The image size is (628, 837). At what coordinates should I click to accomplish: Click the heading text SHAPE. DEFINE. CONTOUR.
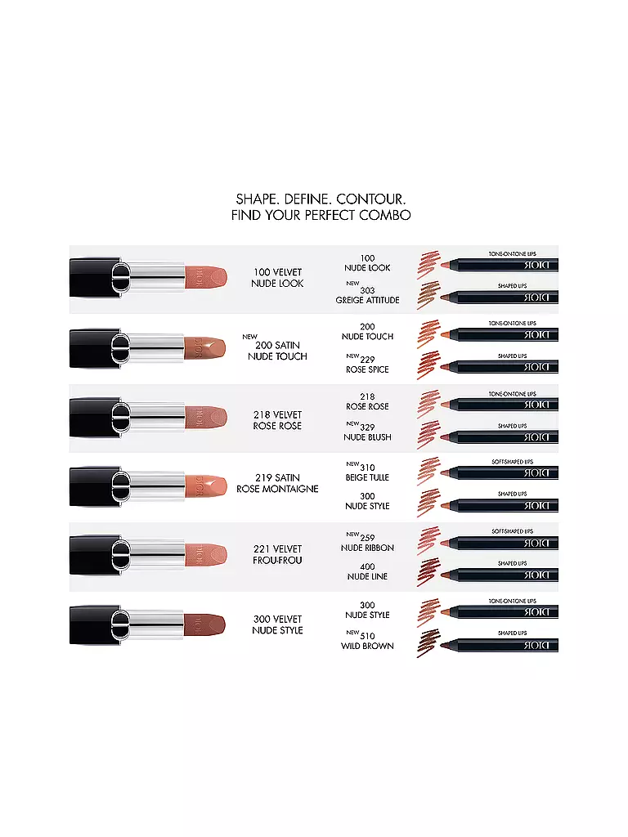(321, 199)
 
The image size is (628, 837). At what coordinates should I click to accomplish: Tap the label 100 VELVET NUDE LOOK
(278, 277)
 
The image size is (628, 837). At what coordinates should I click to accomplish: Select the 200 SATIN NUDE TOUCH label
(278, 351)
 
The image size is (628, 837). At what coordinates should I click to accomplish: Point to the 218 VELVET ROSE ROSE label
(278, 420)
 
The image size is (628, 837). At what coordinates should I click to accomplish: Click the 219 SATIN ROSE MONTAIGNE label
(278, 483)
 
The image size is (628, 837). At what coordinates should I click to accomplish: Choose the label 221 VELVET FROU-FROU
(278, 554)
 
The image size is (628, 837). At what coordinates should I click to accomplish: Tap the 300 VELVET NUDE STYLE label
(278, 624)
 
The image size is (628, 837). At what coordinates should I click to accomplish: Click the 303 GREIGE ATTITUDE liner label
(367, 295)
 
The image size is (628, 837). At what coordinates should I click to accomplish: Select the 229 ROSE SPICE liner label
(367, 364)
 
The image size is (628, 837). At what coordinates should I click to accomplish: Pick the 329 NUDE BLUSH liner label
(367, 432)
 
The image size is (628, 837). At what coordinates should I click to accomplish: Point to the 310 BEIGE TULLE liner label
(366, 472)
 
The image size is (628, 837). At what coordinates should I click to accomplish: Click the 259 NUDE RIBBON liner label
(367, 543)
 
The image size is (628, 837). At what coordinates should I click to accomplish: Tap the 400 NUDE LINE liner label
(367, 571)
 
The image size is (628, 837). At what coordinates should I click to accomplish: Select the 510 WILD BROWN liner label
(367, 641)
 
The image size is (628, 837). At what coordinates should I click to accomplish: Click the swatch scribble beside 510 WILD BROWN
(428, 643)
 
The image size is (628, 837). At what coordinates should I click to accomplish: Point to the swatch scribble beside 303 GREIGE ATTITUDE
(428, 295)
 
